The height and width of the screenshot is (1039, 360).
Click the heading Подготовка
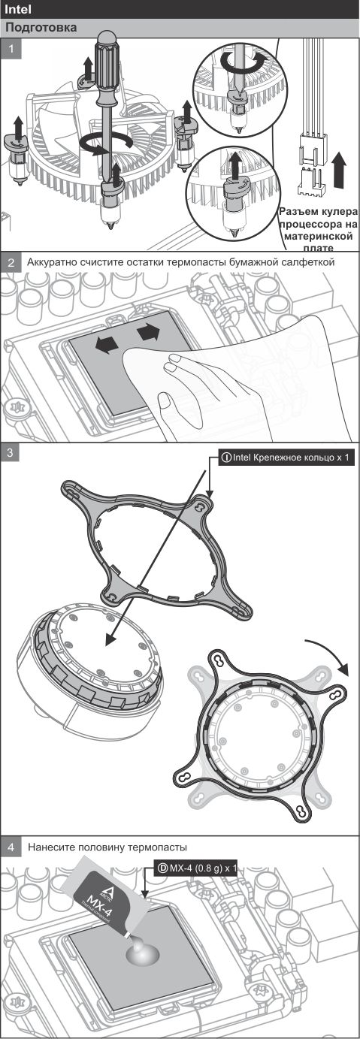click(x=41, y=28)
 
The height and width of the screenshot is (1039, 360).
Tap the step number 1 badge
click(x=11, y=48)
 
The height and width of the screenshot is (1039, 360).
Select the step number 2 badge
click(x=11, y=262)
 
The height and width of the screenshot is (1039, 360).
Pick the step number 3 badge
click(x=11, y=453)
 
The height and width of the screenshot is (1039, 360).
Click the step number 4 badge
click(x=11, y=847)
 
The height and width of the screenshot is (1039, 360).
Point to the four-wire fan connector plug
click(x=312, y=149)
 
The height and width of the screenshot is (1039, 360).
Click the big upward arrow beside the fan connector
click(x=340, y=171)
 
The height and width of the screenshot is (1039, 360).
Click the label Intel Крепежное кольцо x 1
click(x=286, y=458)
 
